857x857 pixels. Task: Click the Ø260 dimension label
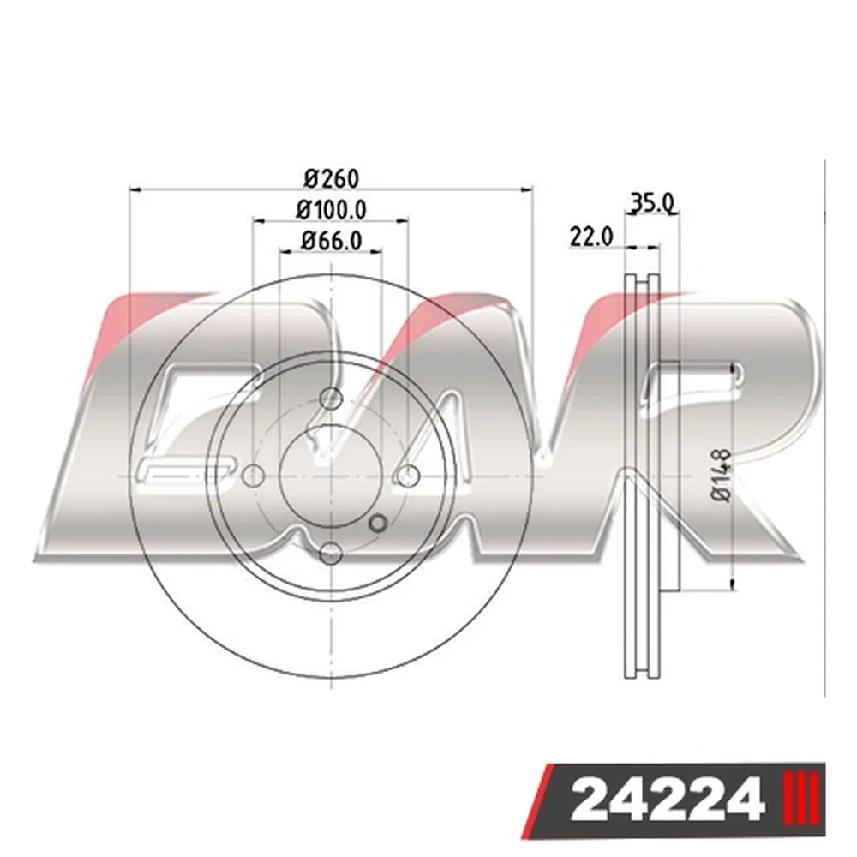click(332, 179)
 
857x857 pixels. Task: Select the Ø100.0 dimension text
click(331, 210)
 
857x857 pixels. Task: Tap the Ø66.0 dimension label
click(331, 241)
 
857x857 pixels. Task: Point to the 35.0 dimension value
click(653, 203)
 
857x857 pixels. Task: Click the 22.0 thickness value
click(591, 237)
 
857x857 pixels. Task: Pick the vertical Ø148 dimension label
click(722, 475)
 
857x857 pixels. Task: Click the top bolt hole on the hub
click(330, 399)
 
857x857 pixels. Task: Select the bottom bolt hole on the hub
click(330, 553)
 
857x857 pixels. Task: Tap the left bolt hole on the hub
click(253, 476)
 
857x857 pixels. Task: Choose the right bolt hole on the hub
click(408, 476)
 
